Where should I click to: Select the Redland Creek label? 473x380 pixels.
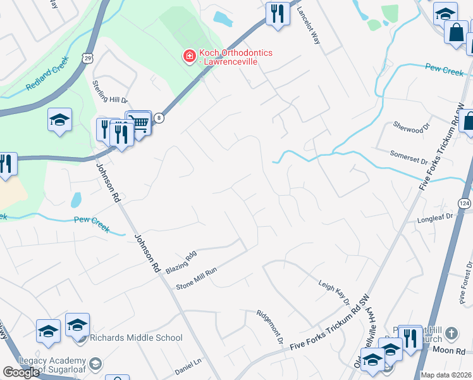[47, 77]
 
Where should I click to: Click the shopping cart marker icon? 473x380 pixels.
[140, 122]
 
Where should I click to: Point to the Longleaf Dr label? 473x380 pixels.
[435, 218]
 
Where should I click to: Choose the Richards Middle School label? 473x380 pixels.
[135, 338]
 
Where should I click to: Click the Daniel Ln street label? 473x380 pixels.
[188, 365]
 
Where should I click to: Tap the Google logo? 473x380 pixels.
[21, 372]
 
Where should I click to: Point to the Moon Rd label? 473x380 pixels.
[449, 350]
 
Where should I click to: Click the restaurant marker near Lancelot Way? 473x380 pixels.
[277, 13]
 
